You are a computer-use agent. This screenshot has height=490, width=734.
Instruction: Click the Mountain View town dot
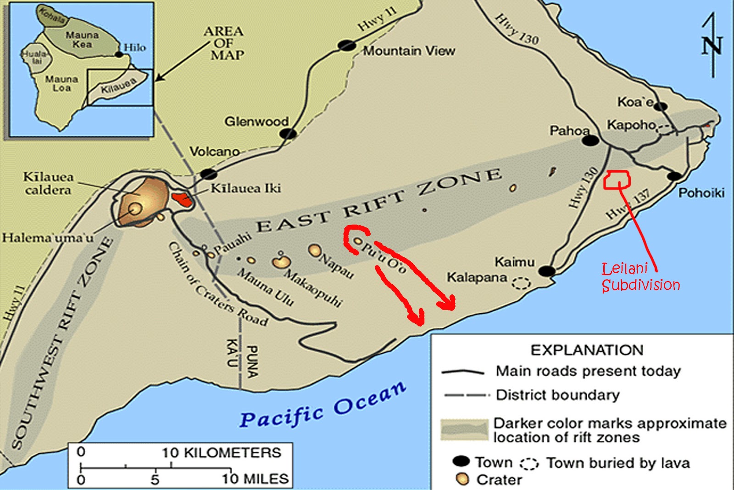347,45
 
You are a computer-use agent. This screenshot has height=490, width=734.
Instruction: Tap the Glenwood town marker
288,134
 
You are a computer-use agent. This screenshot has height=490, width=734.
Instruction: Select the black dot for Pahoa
590,140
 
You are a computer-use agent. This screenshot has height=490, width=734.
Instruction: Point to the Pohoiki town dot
674,176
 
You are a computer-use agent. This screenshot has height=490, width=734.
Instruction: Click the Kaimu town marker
546,271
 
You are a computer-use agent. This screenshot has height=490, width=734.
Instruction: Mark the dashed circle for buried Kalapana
521,283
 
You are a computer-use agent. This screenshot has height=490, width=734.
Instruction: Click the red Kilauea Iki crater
182,199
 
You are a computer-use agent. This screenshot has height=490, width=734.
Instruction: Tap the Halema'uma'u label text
48,238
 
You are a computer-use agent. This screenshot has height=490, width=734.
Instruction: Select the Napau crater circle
315,250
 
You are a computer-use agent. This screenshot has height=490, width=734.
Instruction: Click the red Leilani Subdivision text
640,277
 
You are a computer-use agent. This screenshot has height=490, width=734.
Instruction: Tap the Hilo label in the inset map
135,47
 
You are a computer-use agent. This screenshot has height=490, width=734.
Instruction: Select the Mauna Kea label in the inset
82,39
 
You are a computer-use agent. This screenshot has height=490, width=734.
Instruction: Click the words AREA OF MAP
224,43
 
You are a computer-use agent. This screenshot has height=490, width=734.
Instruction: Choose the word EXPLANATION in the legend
587,350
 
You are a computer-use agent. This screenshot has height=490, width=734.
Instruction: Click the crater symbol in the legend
462,479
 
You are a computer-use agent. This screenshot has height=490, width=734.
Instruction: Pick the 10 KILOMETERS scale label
221,452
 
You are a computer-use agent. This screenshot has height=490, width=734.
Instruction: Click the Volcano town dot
208,175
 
